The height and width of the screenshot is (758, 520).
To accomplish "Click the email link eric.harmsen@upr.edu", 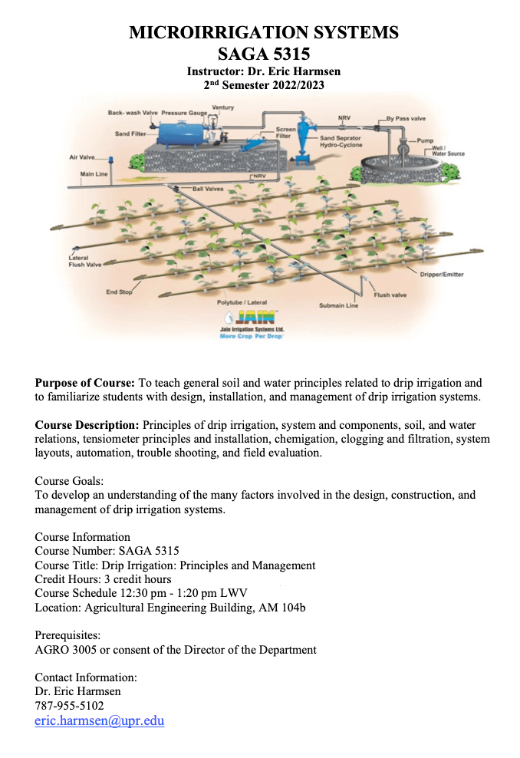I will (100, 720).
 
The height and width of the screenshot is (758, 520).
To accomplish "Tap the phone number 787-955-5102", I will (70, 705).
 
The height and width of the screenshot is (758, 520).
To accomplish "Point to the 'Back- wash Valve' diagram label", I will (132, 113).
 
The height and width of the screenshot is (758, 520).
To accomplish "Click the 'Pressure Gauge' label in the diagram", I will (184, 113).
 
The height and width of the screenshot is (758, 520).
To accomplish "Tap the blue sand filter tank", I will (180, 131).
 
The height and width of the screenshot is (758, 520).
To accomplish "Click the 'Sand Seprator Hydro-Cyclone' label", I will (341, 141).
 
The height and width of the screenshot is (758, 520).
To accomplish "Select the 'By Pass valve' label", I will (406, 119).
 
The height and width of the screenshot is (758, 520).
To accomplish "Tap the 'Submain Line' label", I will (338, 305).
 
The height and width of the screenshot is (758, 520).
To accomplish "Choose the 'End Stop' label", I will (119, 292).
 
